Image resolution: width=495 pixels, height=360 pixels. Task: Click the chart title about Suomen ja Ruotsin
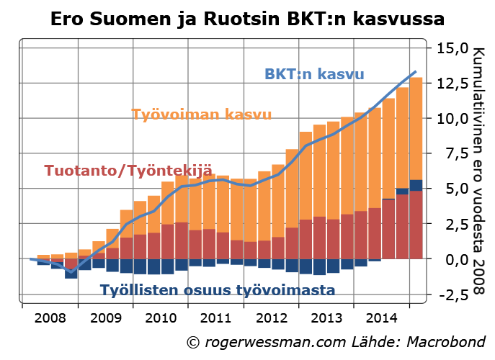pos(247,18)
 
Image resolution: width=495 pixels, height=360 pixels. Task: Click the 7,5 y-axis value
pos(453,154)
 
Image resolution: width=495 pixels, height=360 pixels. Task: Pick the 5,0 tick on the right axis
pos(453,189)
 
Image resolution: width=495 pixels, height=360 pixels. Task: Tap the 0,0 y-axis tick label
pos(453,259)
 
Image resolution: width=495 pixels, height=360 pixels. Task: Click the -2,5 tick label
pos(451,294)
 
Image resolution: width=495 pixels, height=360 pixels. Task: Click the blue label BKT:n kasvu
pos(314,74)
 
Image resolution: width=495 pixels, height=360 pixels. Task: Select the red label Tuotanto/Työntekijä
pos(128,171)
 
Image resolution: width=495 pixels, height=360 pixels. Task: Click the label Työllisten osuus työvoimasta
pos(218,291)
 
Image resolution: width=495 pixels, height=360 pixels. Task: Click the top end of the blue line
pos(416,72)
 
